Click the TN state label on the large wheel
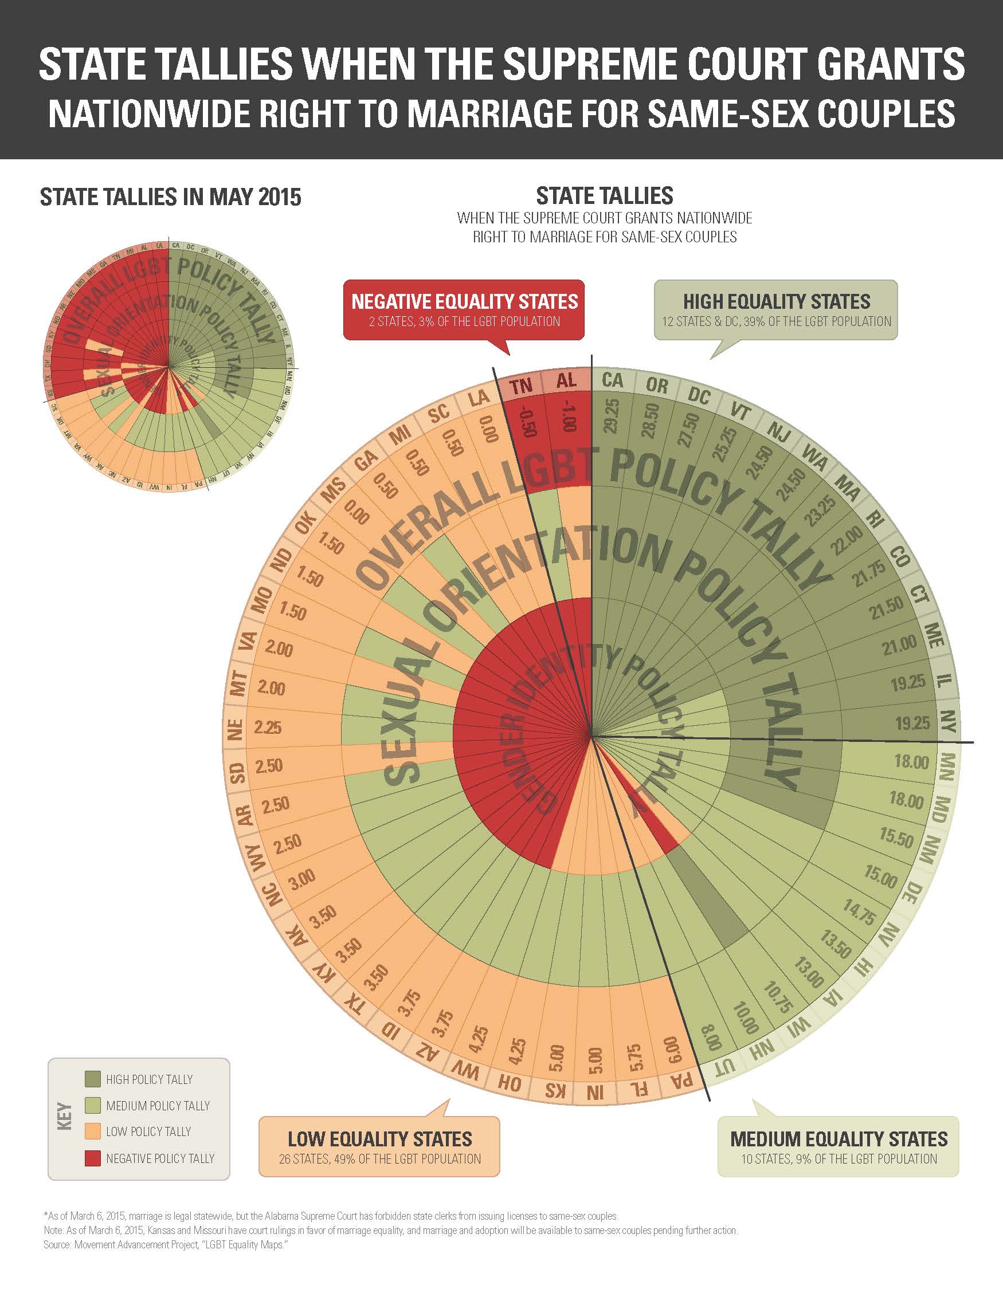click(522, 386)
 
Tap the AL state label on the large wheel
click(566, 380)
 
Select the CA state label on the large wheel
click(612, 380)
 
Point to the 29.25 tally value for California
click(612, 415)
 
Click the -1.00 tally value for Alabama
click(568, 416)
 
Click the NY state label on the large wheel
click(947, 721)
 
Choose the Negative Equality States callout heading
click(465, 301)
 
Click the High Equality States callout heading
click(776, 301)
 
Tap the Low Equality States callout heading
click(379, 1138)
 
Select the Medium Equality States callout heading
click(839, 1138)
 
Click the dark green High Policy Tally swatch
click(93, 1079)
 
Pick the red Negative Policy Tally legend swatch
click(93, 1158)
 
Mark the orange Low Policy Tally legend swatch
click(93, 1131)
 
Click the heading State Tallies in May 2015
click(171, 197)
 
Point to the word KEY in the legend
click(64, 1117)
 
